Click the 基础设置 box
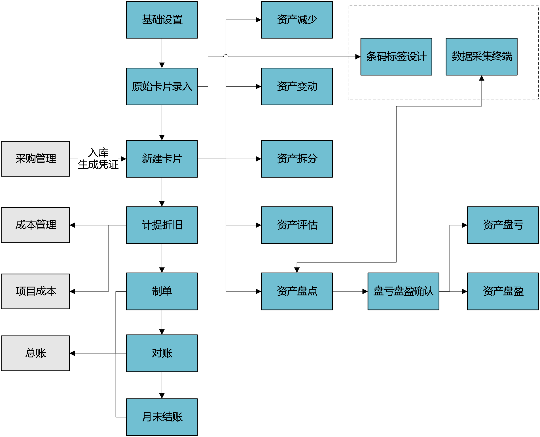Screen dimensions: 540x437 tap(162, 20)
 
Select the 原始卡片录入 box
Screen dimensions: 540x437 tap(162, 86)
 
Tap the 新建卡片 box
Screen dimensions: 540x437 tap(162, 159)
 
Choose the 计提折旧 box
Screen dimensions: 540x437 tap(162, 225)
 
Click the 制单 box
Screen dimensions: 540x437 tap(162, 291)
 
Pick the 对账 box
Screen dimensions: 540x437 tap(162, 353)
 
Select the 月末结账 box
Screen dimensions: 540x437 tap(162, 417)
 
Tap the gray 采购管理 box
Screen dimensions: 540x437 tap(35, 159)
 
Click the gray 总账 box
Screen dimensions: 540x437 tap(35, 353)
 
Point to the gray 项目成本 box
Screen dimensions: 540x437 tap(35, 291)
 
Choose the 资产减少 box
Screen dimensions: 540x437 tap(297, 20)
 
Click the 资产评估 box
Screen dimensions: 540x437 tap(297, 225)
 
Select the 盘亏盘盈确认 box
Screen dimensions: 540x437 tap(403, 291)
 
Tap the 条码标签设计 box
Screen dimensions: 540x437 tap(396, 57)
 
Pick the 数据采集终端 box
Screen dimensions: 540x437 tap(482, 57)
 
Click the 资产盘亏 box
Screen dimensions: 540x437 tap(503, 225)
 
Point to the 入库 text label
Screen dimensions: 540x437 tap(98, 153)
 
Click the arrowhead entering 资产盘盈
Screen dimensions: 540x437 tap(465, 291)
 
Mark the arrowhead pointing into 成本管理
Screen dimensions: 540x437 tap(72, 225)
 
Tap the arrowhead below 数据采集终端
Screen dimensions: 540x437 tap(482, 78)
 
